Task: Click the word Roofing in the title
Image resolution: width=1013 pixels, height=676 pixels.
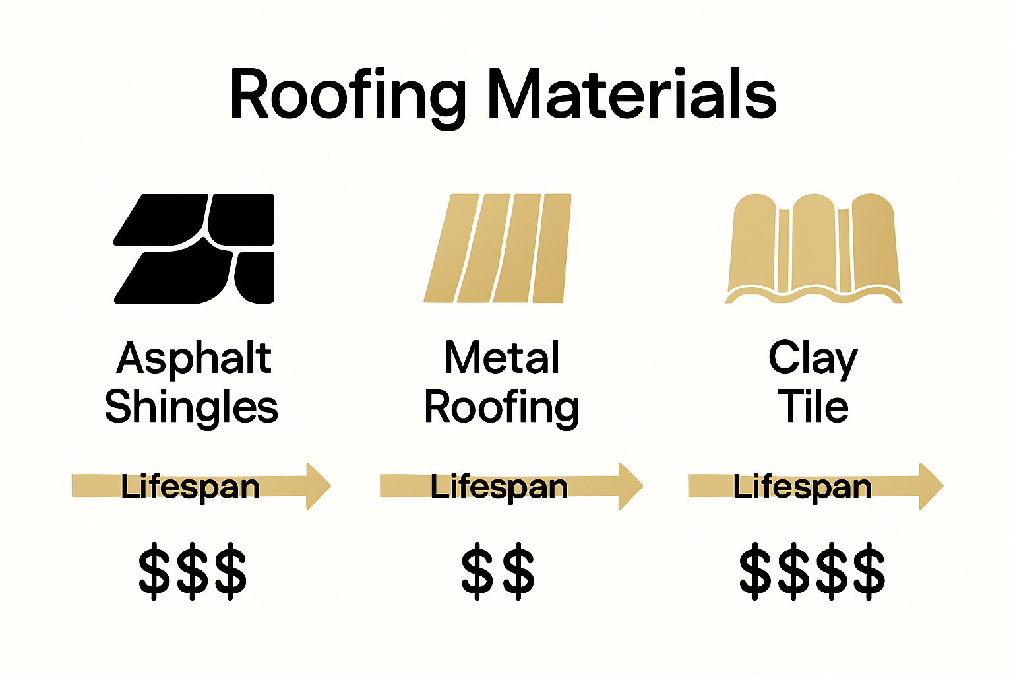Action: [348, 96]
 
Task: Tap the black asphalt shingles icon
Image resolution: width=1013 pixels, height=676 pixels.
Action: [195, 248]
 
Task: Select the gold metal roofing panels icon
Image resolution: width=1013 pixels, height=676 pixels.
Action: [498, 248]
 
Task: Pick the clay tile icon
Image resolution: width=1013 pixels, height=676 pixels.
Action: [813, 248]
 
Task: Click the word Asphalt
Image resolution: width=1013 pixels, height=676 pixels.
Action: [194, 358]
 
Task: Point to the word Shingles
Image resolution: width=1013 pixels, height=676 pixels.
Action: [191, 407]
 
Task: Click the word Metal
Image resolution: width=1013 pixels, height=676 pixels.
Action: [502, 358]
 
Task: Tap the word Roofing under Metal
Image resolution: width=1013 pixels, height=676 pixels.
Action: [501, 407]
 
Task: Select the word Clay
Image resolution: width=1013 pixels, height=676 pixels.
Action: [813, 358]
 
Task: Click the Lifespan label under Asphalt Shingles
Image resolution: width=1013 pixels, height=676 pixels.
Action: [190, 487]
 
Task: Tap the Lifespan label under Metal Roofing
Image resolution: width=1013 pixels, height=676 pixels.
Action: [499, 487]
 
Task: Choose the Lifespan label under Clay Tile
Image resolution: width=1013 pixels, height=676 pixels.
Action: [803, 487]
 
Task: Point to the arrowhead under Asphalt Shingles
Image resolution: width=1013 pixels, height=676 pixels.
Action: [317, 487]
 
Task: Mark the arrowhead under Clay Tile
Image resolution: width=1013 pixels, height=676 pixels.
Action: [931, 487]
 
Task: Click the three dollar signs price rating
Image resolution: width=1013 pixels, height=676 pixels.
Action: [193, 571]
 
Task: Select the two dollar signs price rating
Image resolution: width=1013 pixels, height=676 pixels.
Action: [498, 571]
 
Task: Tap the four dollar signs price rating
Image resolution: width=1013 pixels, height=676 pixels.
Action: [812, 571]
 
